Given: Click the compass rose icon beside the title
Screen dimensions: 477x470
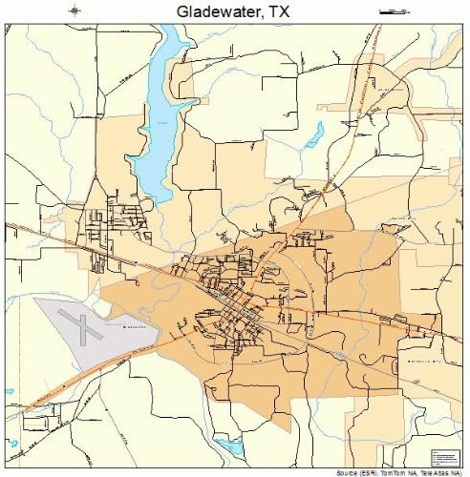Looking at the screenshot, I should click(x=75, y=11).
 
